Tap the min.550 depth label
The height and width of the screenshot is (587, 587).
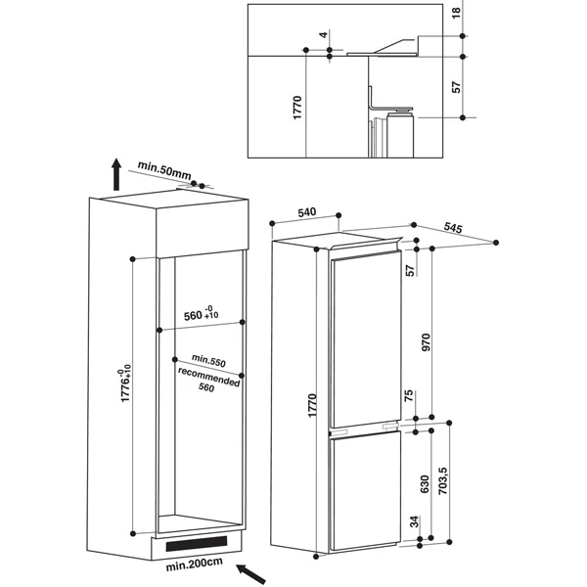click(208, 360)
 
